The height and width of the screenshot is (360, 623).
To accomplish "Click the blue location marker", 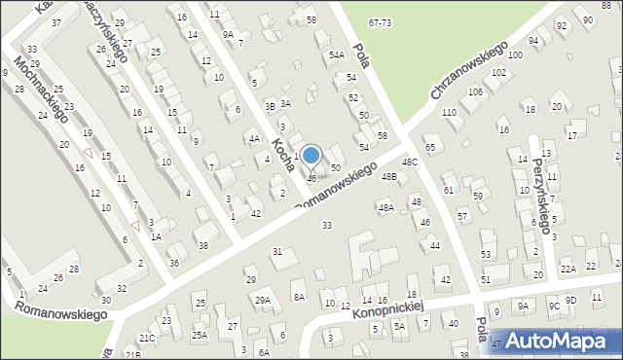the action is pos(311,155).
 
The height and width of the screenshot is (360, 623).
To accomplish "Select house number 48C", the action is pos(410,162).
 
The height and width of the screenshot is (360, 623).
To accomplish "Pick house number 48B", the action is pos(389,177).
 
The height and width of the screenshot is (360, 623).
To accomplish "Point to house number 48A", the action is pos(385,207).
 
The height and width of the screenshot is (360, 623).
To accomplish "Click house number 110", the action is pos(449,113).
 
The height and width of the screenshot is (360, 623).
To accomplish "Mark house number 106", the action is pos(475,92).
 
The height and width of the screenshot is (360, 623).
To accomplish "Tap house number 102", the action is pos(498,73).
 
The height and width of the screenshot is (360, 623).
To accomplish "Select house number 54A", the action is pos(337,55).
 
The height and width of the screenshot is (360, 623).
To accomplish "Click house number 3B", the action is pos(271,106).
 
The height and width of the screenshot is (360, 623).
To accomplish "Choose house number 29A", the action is pos(263,300).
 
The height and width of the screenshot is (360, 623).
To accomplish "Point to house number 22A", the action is pos(568,269).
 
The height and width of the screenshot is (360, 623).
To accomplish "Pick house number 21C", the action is pos(146,338).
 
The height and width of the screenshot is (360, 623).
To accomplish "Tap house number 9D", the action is pos(571,300).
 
